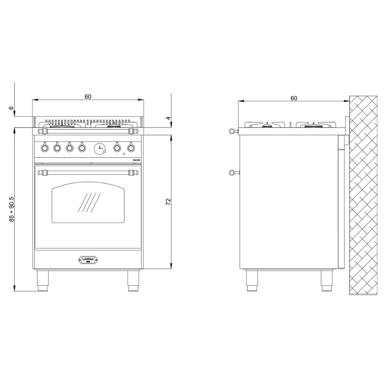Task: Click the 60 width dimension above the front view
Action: click(x=88, y=96)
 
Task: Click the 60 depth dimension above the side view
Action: click(x=294, y=98)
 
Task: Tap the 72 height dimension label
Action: click(x=168, y=202)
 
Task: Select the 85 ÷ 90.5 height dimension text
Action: click(x=11, y=209)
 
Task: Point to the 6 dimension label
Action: click(x=11, y=108)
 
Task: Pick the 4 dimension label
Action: click(x=168, y=118)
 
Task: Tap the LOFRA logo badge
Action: click(x=88, y=260)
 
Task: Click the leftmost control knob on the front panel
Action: click(x=44, y=147)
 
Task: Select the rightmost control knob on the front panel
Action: click(x=131, y=147)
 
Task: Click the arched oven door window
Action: click(x=88, y=203)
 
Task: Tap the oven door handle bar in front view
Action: click(x=88, y=173)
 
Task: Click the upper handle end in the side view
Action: click(x=233, y=132)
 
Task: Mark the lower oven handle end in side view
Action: click(x=233, y=173)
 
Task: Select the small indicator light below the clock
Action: click(x=124, y=154)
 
